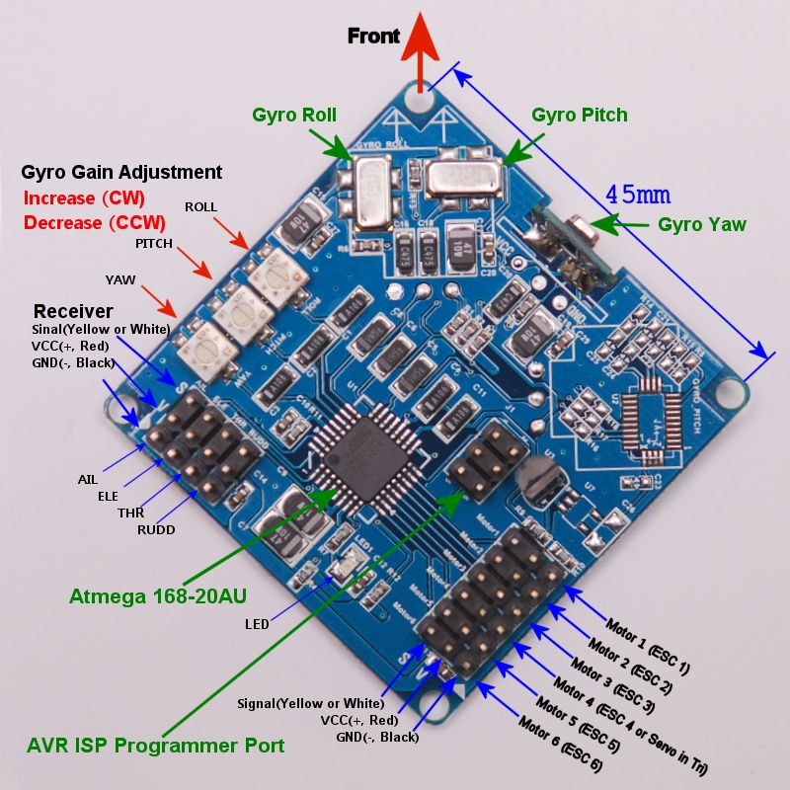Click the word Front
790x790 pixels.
click(x=373, y=37)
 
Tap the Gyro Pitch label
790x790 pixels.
click(x=579, y=115)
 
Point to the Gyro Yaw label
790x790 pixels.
click(x=702, y=224)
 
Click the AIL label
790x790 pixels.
click(x=88, y=479)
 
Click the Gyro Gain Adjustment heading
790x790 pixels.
click(x=121, y=172)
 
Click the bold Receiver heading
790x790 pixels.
click(x=73, y=311)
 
